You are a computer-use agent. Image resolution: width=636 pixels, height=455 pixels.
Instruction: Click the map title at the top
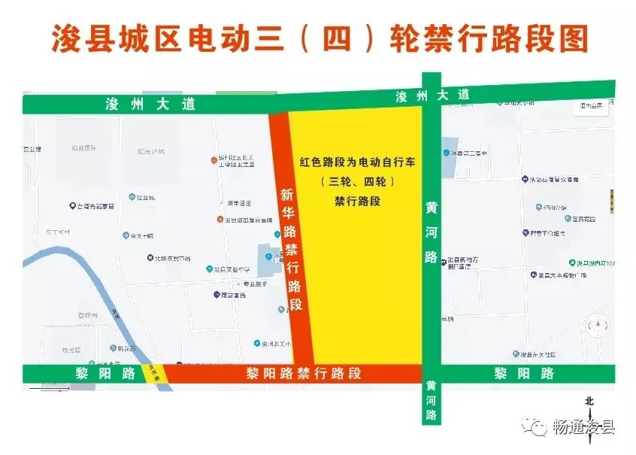tap(319, 38)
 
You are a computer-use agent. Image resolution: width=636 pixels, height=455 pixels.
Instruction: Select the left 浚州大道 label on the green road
tap(150, 105)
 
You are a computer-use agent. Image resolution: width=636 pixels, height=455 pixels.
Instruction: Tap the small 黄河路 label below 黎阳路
tap(431, 399)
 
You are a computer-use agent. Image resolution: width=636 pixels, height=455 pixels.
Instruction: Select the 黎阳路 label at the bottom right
tap(524, 373)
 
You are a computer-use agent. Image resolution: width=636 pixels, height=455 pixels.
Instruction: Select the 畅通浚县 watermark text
tap(584, 428)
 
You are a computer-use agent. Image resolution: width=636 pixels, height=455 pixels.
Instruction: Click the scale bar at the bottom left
tap(49, 388)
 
